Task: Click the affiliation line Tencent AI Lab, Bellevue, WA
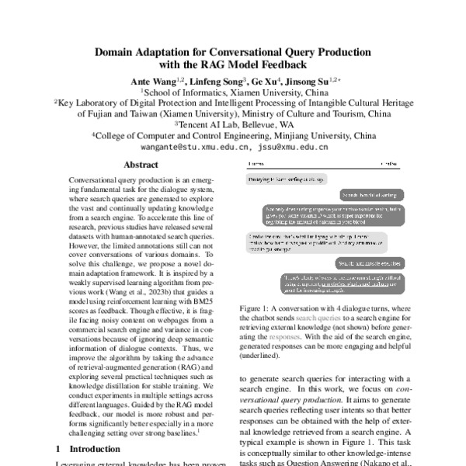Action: coord(233,123)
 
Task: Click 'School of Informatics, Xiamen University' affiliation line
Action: coord(233,91)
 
